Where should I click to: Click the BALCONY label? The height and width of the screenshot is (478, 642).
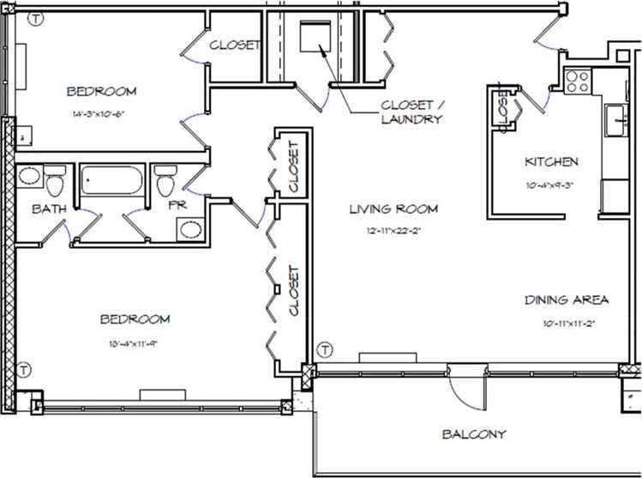[474, 434]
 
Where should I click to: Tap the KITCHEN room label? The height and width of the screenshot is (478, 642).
[551, 161]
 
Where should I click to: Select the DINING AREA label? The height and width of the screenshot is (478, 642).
[567, 300]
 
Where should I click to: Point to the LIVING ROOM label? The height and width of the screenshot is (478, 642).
[393, 209]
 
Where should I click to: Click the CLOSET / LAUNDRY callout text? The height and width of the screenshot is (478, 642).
[411, 112]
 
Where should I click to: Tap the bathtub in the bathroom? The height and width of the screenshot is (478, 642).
[112, 181]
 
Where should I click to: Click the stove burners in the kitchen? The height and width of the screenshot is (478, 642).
[578, 82]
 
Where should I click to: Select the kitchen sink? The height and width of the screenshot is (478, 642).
[615, 120]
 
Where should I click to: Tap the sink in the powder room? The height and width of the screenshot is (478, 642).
[190, 229]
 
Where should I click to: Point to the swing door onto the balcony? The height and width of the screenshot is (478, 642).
[465, 390]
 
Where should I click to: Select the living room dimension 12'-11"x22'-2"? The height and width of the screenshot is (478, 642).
[393, 231]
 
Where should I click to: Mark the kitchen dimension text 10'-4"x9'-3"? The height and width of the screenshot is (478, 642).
[550, 184]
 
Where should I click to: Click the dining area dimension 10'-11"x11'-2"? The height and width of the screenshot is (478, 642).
[567, 323]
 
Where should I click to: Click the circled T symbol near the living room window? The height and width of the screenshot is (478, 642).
[324, 349]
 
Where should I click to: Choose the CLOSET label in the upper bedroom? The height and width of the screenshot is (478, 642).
[234, 45]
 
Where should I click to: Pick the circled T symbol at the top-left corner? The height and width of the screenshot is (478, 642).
[35, 18]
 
